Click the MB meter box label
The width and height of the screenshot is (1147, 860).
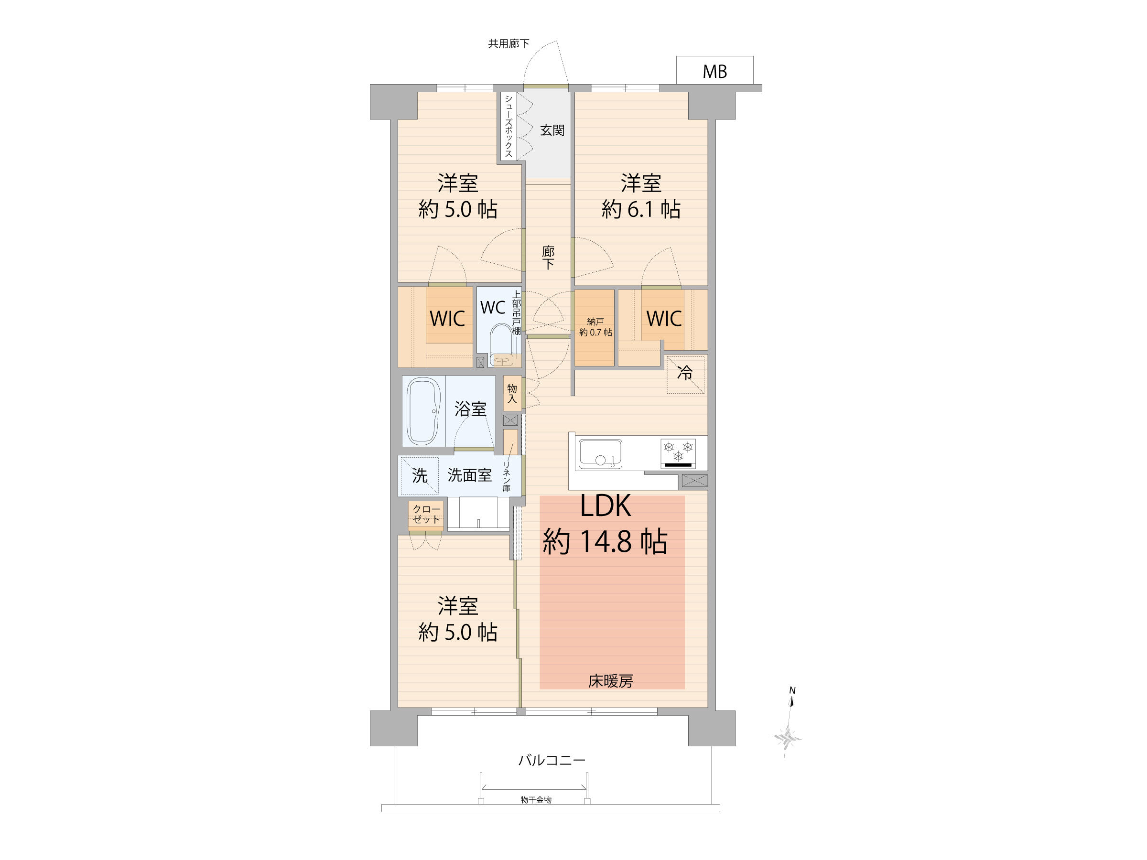coord(714,72)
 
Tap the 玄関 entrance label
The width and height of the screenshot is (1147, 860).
coord(552,130)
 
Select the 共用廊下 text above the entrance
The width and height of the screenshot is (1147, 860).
coord(508,43)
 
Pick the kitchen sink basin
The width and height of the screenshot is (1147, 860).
coord(600,453)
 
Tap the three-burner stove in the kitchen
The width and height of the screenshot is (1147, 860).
coord(678,453)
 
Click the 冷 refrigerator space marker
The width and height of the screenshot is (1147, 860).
coord(685,373)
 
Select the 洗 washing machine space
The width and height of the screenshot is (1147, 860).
coord(420,475)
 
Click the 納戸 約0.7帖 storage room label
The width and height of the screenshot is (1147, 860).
coord(595,327)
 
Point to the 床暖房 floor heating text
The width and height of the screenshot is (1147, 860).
coord(610,681)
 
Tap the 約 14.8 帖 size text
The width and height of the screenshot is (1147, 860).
coord(605,541)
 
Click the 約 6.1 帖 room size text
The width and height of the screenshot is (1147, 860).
coord(641,209)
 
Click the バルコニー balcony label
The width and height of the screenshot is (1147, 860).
coord(552,761)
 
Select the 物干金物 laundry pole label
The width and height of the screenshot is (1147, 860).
coord(536,800)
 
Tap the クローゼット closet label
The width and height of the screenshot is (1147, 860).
coord(426,514)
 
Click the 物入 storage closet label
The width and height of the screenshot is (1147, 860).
coord(512,394)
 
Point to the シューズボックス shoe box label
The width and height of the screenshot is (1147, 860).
coord(509,126)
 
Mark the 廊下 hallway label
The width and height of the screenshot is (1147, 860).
coord(548,258)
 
